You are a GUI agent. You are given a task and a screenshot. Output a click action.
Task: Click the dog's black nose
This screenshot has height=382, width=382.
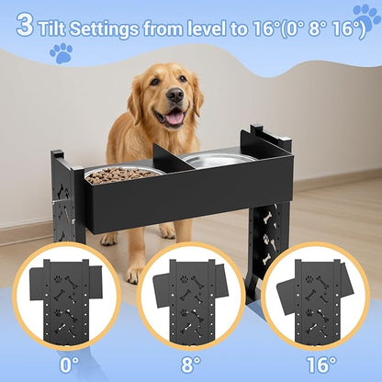click(x=174, y=95)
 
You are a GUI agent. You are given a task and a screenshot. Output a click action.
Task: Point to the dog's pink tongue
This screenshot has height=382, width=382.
click(x=173, y=116)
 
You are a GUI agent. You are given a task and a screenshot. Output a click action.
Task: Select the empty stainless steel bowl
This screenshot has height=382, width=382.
click(x=219, y=160)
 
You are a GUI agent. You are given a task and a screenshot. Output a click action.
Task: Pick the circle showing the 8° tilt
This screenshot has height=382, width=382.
click(x=191, y=298)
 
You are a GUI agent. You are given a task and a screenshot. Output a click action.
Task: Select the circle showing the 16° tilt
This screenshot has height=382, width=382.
click(x=317, y=298)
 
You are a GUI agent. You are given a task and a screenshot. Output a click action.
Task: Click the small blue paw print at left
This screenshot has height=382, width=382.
click(x=61, y=53)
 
